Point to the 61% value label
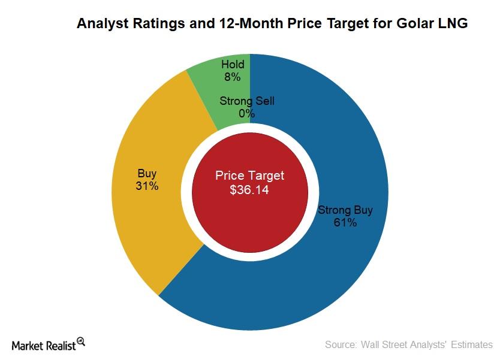click(x=345, y=223)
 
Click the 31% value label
click(x=147, y=186)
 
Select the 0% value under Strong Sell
click(x=246, y=113)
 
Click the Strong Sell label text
click(x=246, y=101)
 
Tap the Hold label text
click(x=232, y=65)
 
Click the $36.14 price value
click(x=249, y=190)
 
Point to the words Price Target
click(x=249, y=176)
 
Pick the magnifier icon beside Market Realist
click(x=81, y=341)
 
